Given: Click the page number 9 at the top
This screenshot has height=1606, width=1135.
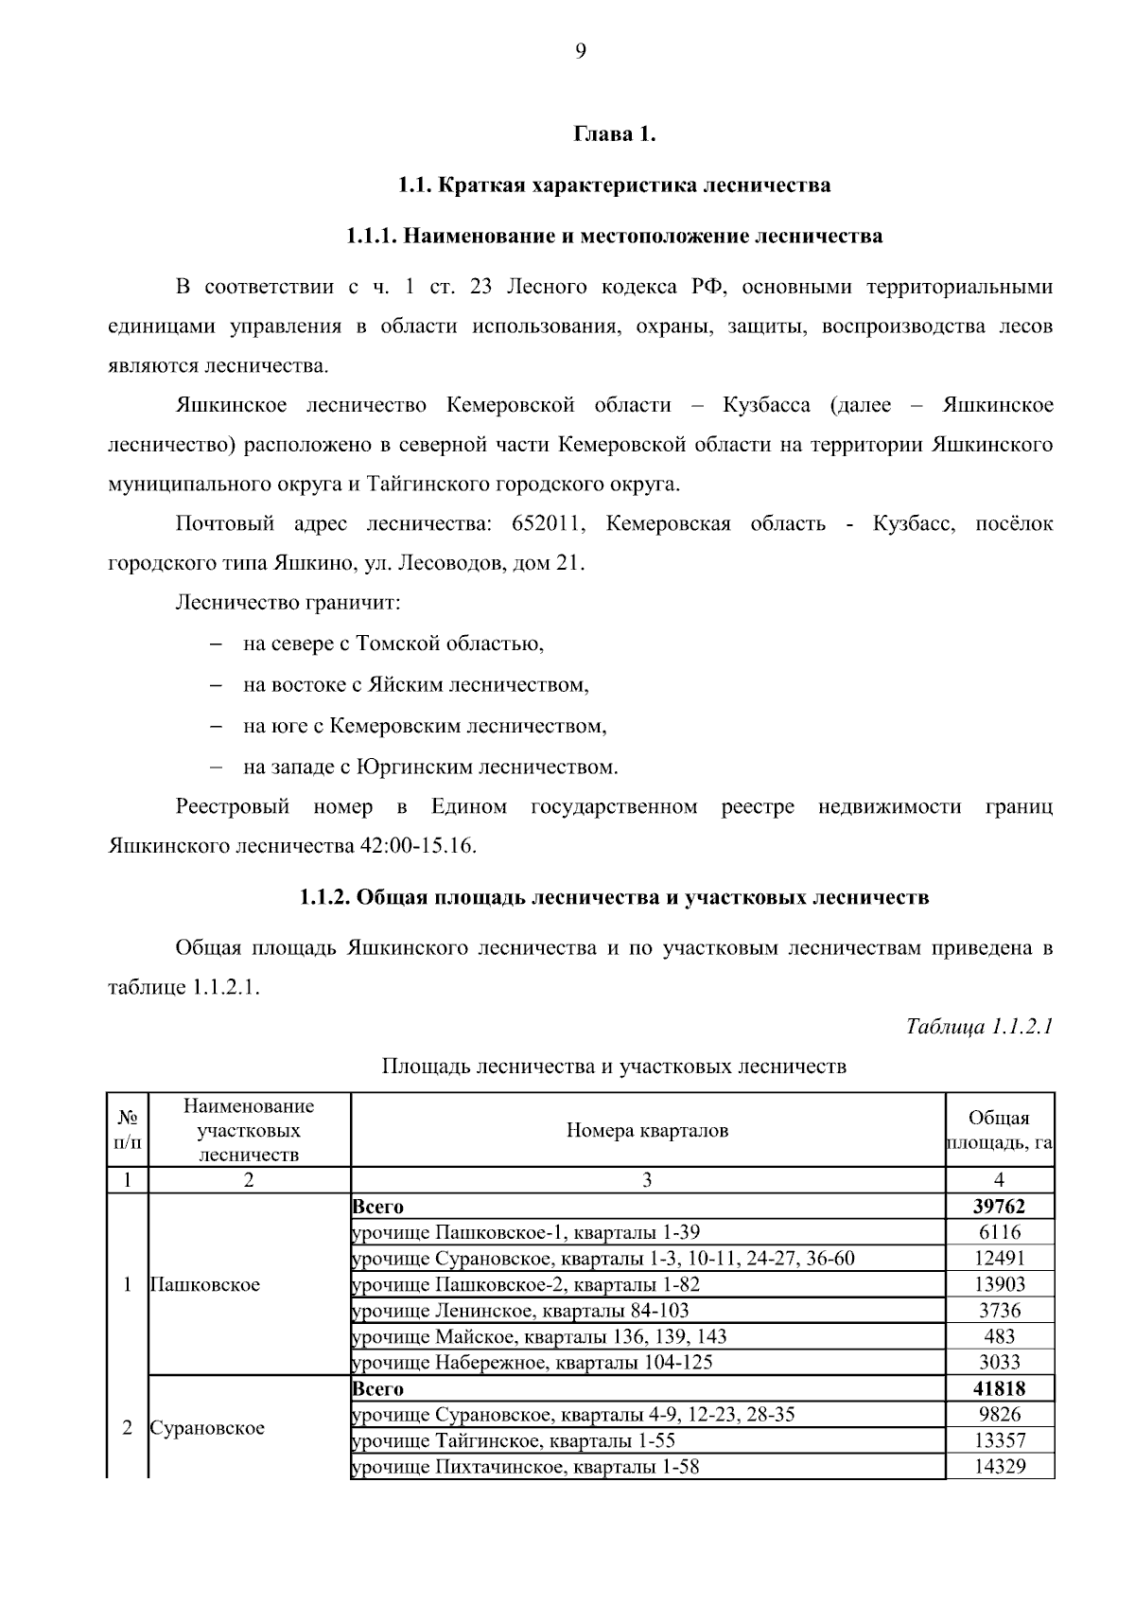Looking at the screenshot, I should point(580,52).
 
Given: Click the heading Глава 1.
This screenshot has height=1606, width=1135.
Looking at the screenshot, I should point(614,134).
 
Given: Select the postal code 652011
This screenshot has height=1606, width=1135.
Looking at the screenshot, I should point(546,524).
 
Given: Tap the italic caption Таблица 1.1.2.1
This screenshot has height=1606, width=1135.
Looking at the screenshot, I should point(979,1027).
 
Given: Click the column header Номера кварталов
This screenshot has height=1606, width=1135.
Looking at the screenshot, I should point(647,1130).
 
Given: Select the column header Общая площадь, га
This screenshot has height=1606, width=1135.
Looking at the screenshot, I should point(999,1130).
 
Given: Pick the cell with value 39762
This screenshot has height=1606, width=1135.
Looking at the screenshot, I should point(999,1207).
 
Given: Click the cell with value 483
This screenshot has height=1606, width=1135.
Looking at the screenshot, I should point(999,1336).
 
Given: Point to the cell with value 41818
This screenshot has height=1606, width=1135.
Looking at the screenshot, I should point(999,1388).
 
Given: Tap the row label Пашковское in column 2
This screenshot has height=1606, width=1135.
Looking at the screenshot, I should point(205,1284).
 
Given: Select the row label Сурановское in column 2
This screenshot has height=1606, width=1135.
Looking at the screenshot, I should point(207,1427).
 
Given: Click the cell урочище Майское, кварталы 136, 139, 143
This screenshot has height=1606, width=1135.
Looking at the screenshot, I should point(539,1336).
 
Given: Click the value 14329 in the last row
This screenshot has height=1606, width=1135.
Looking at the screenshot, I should point(999,1467).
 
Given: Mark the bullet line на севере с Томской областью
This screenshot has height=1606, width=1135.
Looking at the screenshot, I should point(393,644).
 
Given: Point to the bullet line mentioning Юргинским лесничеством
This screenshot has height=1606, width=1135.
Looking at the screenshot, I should point(429,767).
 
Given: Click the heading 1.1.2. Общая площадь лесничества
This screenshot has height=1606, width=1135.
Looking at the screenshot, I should point(614,897).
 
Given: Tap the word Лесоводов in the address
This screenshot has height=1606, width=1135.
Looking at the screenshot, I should point(452,564).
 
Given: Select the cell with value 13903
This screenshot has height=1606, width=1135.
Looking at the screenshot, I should point(999,1284).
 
